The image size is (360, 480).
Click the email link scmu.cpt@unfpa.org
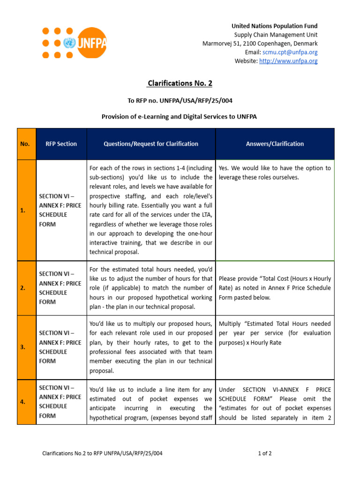point(290,52)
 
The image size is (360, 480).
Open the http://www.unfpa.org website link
point(288,61)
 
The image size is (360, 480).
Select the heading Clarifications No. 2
point(180,83)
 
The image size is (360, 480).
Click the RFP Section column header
point(61,144)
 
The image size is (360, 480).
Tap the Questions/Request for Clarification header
point(151,144)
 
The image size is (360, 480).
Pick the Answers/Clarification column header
point(275,144)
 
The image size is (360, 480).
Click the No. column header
point(25,144)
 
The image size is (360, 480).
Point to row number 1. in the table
point(23,210)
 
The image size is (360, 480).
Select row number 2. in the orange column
point(23,288)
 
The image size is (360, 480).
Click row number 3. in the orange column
point(23,347)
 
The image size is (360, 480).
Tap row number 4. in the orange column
point(23,402)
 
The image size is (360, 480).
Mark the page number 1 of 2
point(265,453)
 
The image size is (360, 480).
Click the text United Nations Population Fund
point(274,26)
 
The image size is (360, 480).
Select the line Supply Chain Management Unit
point(276,35)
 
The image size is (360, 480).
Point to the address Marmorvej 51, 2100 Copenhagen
point(260,44)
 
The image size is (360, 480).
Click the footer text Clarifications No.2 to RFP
point(103,453)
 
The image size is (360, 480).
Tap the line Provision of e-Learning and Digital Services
point(180,116)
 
